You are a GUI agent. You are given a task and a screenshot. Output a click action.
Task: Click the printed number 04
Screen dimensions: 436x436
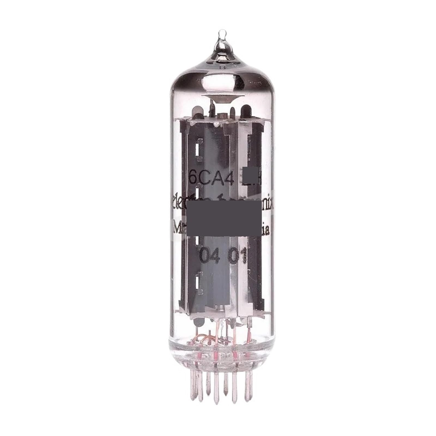click(207, 256)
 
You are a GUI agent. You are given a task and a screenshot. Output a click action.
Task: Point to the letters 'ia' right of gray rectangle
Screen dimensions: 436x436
click(265, 232)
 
